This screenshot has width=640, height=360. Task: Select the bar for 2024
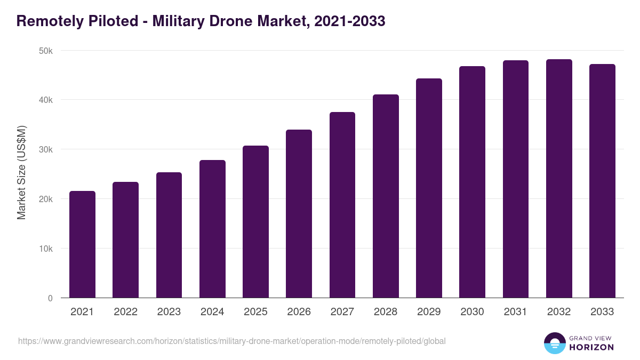tap(212, 229)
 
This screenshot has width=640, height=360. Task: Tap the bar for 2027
tap(342, 205)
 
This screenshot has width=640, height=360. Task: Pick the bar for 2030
tap(472, 182)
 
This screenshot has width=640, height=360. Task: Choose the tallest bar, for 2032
tap(559, 178)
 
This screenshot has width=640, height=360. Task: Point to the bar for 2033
tap(602, 181)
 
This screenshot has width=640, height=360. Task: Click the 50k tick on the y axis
tap(46, 51)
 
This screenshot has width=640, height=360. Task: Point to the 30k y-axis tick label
tap(46, 150)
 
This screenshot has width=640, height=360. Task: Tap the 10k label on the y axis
tap(46, 249)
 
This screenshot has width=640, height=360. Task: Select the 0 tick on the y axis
tap(50, 298)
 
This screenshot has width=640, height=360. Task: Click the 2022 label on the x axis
tap(125, 312)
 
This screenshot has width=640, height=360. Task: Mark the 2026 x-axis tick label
tap(299, 312)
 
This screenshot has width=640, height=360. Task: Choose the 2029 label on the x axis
tap(429, 312)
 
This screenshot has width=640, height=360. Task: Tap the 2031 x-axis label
tap(516, 312)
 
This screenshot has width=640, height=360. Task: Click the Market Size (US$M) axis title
tap(21, 173)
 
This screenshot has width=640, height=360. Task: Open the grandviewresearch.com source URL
tap(231, 341)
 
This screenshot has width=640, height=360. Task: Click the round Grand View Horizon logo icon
tap(554, 343)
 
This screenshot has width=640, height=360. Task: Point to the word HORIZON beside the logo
tap(591, 347)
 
